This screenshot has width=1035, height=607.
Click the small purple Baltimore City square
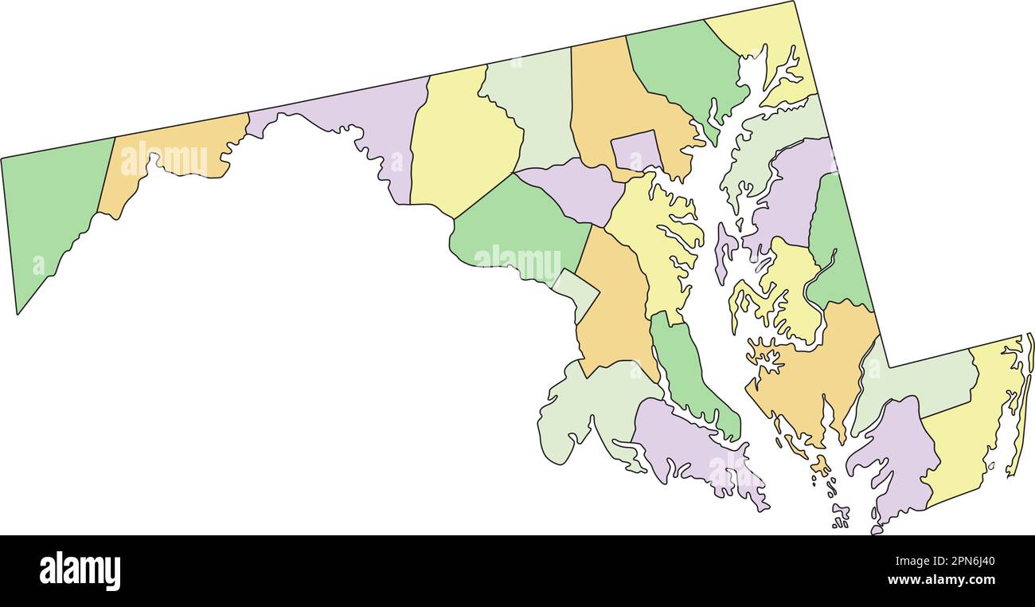635,151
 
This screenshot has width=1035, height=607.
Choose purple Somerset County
896,454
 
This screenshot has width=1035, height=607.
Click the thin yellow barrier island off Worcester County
1019,406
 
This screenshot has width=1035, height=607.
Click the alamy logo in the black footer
80,571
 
